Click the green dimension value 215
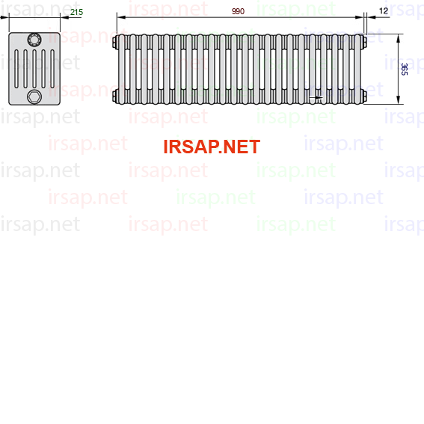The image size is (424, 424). [76, 12]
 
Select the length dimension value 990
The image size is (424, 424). [239, 11]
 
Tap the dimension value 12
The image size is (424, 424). [384, 10]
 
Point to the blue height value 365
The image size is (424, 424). [405, 70]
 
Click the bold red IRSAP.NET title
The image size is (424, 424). [212, 147]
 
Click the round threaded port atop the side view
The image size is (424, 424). [34, 40]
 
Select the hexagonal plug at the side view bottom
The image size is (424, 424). [34, 96]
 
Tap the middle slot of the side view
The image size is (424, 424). [34, 69]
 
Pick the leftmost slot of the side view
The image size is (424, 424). [16, 69]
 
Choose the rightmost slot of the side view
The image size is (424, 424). [52, 69]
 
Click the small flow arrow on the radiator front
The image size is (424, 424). [316, 97]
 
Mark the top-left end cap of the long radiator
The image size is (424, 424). [114, 43]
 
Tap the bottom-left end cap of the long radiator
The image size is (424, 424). [114, 96]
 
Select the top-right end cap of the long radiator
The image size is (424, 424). [364, 42]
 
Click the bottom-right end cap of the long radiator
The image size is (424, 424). [364, 96]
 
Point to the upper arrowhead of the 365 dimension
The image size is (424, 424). [398, 38]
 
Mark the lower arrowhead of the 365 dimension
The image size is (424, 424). [398, 100]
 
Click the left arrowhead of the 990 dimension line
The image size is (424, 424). [121, 17]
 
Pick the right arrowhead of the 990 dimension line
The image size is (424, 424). [359, 17]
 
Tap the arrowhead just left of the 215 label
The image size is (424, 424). [64, 18]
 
